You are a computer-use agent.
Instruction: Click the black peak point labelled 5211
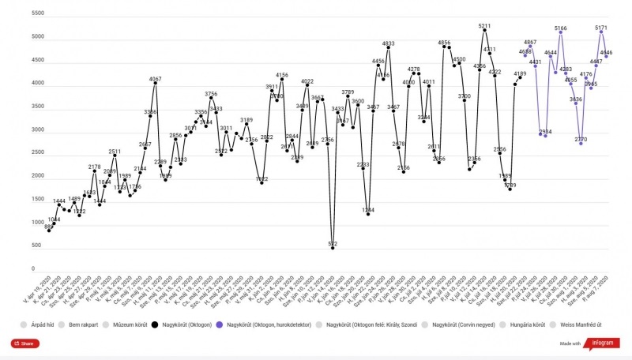click(x=484, y=31)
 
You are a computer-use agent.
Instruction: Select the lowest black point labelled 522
click(x=333, y=248)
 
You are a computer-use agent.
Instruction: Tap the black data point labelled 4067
click(x=155, y=84)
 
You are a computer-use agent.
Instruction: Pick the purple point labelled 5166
click(x=560, y=32)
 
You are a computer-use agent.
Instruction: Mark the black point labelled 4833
click(x=389, y=48)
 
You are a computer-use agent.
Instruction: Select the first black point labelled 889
click(x=49, y=231)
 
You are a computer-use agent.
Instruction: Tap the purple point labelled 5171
click(x=601, y=32)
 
